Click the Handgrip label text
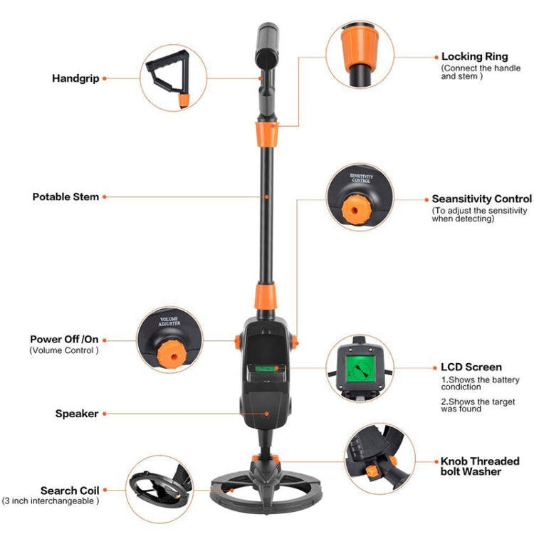point(75,78)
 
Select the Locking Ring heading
point(475,56)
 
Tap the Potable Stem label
point(66,196)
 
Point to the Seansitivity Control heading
point(481,199)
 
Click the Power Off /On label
point(65,339)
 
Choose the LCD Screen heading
point(471,367)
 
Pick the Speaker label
point(77,413)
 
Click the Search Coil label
point(70,491)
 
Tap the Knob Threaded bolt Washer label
point(480,466)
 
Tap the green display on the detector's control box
point(266,368)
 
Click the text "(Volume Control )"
point(64,350)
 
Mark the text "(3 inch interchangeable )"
point(51,501)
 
